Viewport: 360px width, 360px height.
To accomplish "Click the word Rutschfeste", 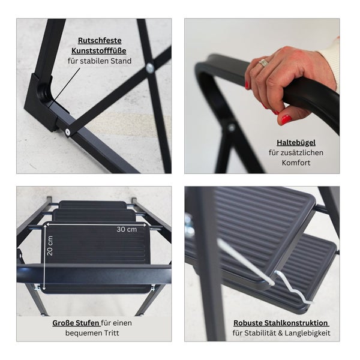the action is [100, 41].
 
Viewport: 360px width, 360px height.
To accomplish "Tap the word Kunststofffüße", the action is [99, 51].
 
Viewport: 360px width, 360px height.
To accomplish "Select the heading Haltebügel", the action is [296, 143].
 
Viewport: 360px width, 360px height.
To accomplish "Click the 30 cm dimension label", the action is [127, 229].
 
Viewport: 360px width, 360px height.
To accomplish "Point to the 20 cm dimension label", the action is [50, 245].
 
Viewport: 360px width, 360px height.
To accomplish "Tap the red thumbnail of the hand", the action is [287, 119].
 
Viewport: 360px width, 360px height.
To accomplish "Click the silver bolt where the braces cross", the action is [150, 68].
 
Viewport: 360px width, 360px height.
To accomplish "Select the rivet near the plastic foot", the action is [67, 131].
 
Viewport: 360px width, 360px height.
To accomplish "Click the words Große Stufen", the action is [76, 323].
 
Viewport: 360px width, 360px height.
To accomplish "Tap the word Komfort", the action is [296, 163].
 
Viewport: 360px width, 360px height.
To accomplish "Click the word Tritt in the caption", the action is [112, 333].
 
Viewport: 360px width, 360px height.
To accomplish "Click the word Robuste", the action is [248, 323].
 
